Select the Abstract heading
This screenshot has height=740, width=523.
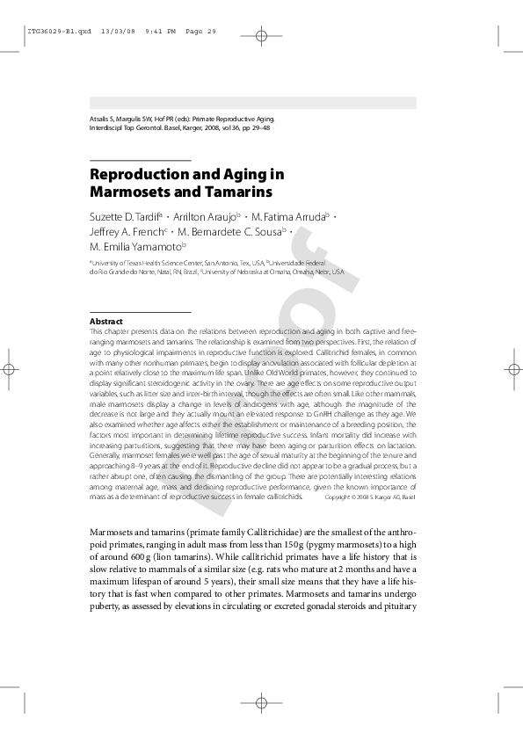point(106,322)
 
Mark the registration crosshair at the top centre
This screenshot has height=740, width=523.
point(261,37)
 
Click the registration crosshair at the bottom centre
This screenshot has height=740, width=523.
point(261,704)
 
